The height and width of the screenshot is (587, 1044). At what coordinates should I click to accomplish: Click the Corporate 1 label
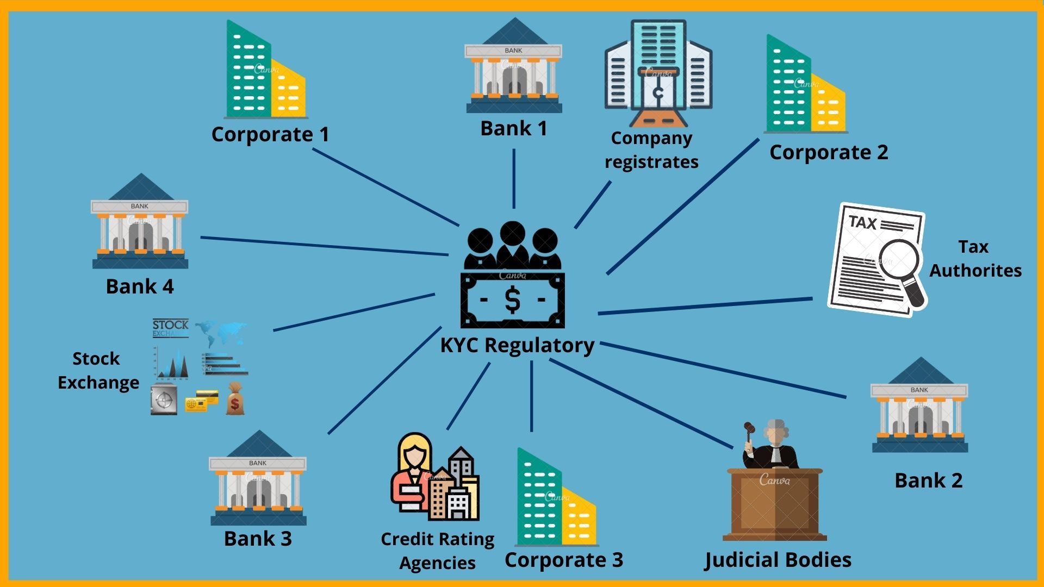pos(270,134)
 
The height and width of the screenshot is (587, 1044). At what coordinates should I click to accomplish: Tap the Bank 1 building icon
pos(514,68)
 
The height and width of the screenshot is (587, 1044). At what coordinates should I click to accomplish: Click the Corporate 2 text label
pos(829,152)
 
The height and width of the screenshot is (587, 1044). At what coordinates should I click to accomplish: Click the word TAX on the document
pos(863,223)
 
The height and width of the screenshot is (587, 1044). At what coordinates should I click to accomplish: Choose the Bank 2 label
pos(929,480)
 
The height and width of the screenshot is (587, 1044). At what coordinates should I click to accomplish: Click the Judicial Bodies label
pos(778,560)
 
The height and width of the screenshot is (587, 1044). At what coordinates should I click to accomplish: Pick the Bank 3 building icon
pos(258,481)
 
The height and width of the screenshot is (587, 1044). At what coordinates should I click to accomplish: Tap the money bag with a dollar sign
pos(235,399)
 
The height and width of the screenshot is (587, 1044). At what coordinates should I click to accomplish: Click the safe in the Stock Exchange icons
pos(164,399)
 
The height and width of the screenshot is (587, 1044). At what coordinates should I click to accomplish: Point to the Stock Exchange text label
pos(98,371)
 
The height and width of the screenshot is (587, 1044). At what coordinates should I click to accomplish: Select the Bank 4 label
pos(140,286)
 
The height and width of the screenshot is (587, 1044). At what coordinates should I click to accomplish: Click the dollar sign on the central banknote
pos(512,300)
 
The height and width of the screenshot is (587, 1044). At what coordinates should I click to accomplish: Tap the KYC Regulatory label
pos(517,345)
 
